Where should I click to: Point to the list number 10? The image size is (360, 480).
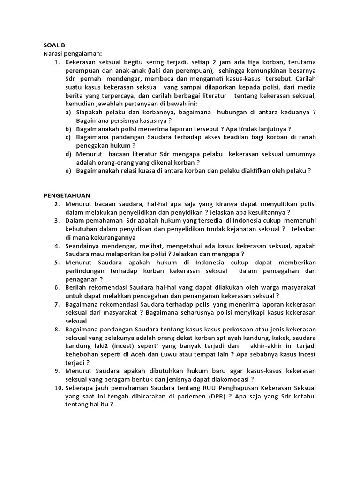(58, 388)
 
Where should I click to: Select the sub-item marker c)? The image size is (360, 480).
(68, 137)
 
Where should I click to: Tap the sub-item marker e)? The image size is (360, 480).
(68, 171)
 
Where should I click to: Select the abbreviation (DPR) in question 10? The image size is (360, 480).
(213, 396)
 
